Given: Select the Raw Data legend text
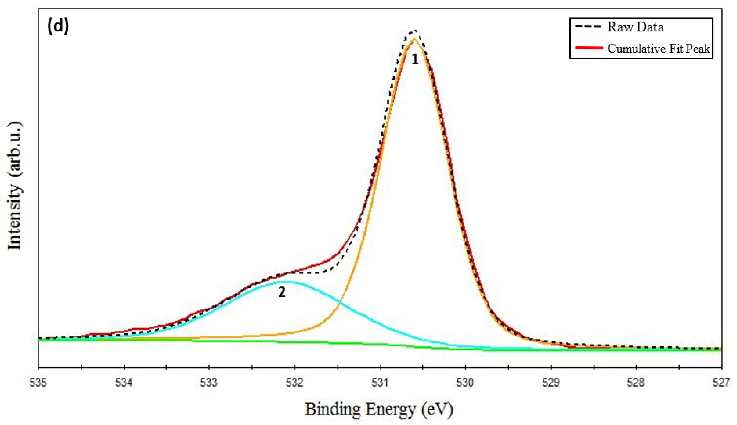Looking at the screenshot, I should (x=635, y=27).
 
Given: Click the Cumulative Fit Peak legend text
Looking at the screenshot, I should (x=659, y=48).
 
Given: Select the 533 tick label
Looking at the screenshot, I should (x=209, y=382).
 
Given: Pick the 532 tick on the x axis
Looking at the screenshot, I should (x=295, y=382).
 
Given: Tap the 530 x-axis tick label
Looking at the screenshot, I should (x=466, y=382).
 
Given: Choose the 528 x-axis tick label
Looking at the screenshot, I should (x=636, y=382).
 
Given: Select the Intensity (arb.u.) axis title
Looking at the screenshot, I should (x=15, y=186).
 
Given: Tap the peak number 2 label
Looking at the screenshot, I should (x=282, y=292).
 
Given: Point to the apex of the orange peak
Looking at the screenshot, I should (x=414, y=39).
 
